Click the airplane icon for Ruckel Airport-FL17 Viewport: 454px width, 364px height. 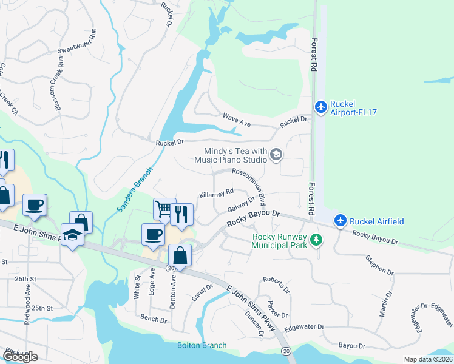[321, 107]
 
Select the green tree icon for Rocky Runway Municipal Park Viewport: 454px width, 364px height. [316, 241]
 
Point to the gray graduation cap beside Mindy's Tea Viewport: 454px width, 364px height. [276, 155]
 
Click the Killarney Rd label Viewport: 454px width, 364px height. [217, 194]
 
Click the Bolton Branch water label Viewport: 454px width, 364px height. [202, 345]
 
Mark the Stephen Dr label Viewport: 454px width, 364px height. [380, 266]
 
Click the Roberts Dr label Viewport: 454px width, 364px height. [277, 285]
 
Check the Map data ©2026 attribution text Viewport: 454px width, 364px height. [427, 359]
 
